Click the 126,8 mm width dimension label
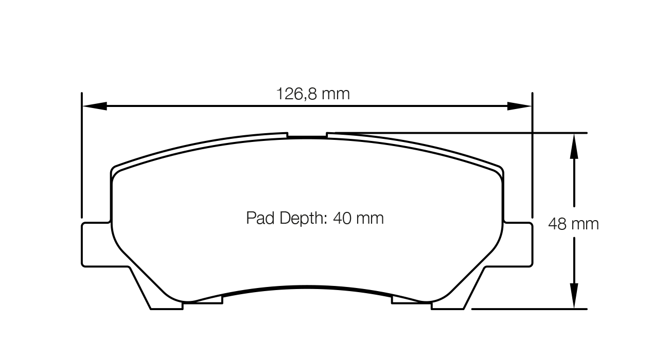pyautogui.click(x=313, y=94)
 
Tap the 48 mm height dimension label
pyautogui.click(x=573, y=224)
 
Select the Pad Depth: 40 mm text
pyautogui.click(x=315, y=218)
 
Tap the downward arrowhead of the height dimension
pyautogui.click(x=574, y=296)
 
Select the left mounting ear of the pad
pyautogui.click(x=96, y=244)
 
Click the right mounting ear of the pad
pyautogui.click(x=519, y=244)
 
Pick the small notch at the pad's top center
pyautogui.click(x=307, y=136)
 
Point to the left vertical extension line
pyautogui.click(x=82, y=154)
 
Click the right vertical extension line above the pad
pyautogui.click(x=532, y=154)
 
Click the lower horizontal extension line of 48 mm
pyautogui.click(x=530, y=309)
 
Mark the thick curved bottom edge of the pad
pyautogui.click(x=307, y=287)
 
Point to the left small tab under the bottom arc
pyautogui.click(x=203, y=300)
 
